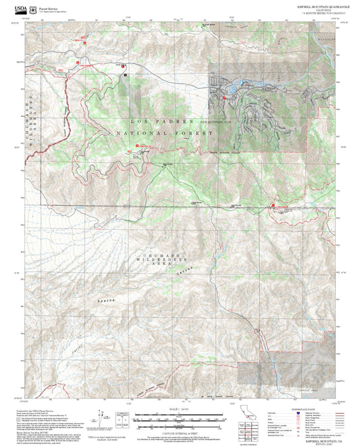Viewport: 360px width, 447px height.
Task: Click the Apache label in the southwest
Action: [x=87, y=297]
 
